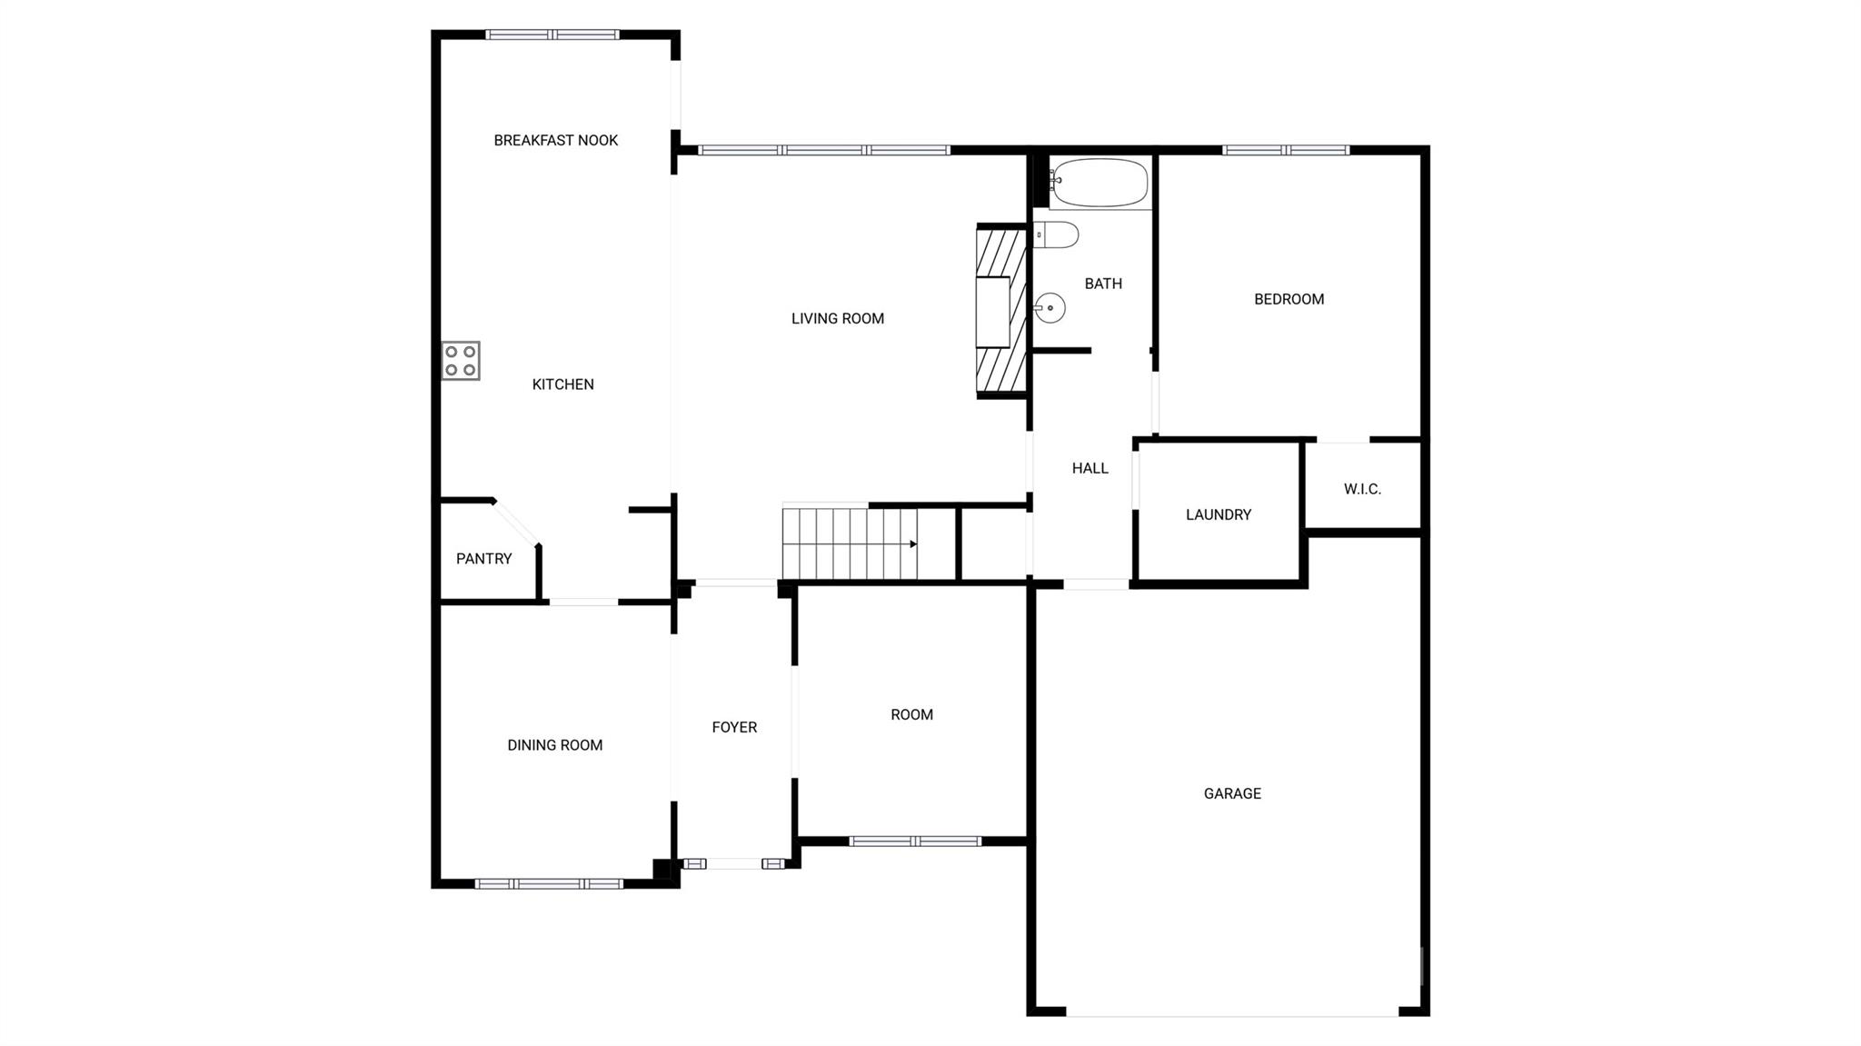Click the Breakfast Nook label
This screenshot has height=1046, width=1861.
coord(555,140)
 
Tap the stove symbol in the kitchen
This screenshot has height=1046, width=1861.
coord(461,361)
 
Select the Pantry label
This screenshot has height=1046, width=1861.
coord(483,559)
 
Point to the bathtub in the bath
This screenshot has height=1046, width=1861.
coord(1100,184)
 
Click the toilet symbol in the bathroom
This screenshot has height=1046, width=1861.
coord(1056,234)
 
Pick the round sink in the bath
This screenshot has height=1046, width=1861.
coord(1050,308)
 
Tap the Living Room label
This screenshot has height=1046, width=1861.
coord(837,319)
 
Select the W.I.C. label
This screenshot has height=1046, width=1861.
coord(1362,489)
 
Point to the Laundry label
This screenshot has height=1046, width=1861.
coord(1219,514)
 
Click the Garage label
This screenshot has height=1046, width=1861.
coord(1232,793)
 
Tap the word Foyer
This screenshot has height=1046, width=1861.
coord(734,727)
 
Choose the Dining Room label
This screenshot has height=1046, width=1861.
coord(554,745)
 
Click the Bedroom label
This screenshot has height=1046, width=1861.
coord(1289,299)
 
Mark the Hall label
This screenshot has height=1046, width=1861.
coord(1090,468)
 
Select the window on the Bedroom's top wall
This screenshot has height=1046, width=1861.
coord(1285,150)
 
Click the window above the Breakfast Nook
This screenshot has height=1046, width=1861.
coord(552,35)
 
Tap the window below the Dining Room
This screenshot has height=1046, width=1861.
coord(549,883)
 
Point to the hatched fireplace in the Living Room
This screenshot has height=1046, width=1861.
coord(1001,311)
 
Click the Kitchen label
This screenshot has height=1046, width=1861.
coord(562,384)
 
